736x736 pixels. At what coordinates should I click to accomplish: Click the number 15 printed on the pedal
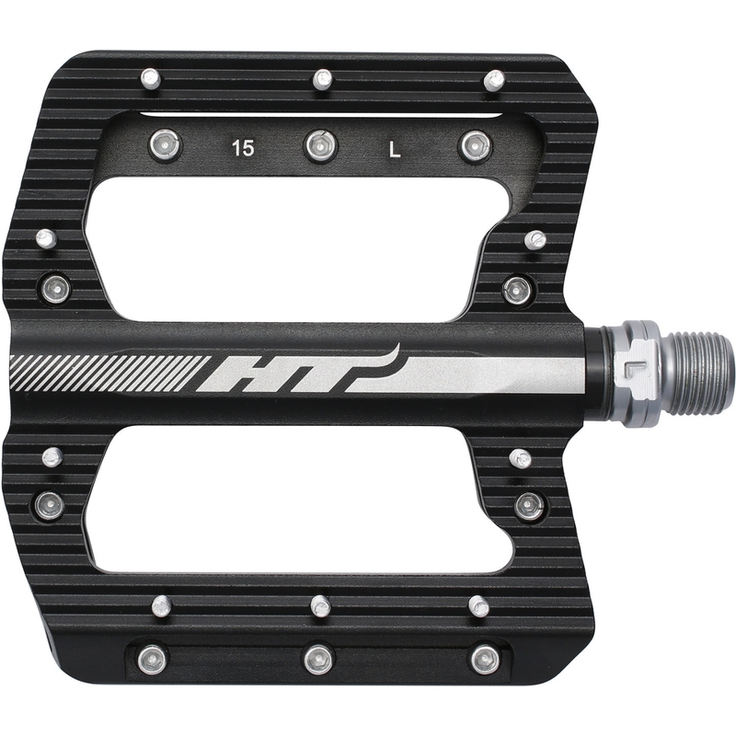[243, 148]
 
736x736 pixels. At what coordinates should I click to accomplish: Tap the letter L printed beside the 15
[395, 150]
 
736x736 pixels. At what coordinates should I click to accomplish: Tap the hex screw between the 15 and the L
[320, 146]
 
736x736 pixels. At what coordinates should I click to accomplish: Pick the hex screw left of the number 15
[166, 144]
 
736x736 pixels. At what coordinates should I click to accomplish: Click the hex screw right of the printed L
[475, 147]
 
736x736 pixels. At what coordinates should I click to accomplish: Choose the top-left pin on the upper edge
[151, 78]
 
